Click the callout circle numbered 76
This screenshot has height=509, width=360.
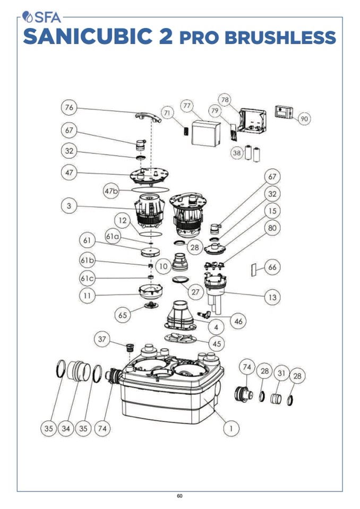tap(69, 108)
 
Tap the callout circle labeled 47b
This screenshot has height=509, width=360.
tap(110, 191)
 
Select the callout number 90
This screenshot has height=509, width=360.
tap(304, 119)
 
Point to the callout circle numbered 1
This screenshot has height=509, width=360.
tap(230, 428)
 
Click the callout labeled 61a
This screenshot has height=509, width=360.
tap(112, 237)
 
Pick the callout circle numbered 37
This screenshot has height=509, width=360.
tap(102, 339)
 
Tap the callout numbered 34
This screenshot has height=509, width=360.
tap(66, 428)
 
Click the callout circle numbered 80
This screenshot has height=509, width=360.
tap(272, 228)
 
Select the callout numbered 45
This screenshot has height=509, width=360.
tap(216, 343)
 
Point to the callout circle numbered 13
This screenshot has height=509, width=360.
tap(272, 297)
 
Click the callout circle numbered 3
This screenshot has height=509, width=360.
tap(69, 206)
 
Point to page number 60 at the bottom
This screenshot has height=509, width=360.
tap(180, 496)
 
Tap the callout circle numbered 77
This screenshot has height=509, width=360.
tap(187, 106)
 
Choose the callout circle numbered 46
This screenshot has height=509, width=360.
tap(238, 321)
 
